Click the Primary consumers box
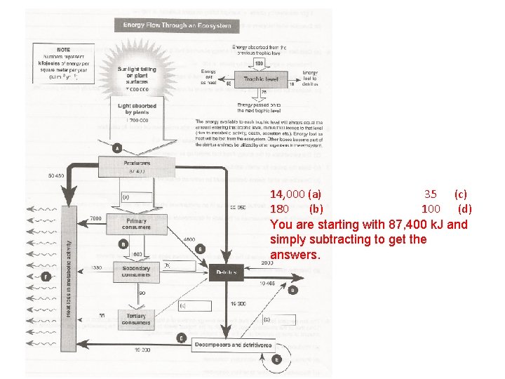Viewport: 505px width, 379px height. pyautogui.click(x=136, y=224)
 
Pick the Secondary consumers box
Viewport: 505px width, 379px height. pyautogui.click(x=136, y=271)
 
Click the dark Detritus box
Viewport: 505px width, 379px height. pyautogui.click(x=225, y=272)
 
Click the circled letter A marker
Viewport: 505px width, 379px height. pyautogui.click(x=117, y=148)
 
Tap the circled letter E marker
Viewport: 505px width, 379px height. pyautogui.click(x=278, y=360)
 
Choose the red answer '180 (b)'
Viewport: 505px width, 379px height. pyautogui.click(x=296, y=208)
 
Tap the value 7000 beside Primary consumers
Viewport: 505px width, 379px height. pyautogui.click(x=96, y=219)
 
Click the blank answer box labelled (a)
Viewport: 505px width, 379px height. pyautogui.click(x=135, y=197)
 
